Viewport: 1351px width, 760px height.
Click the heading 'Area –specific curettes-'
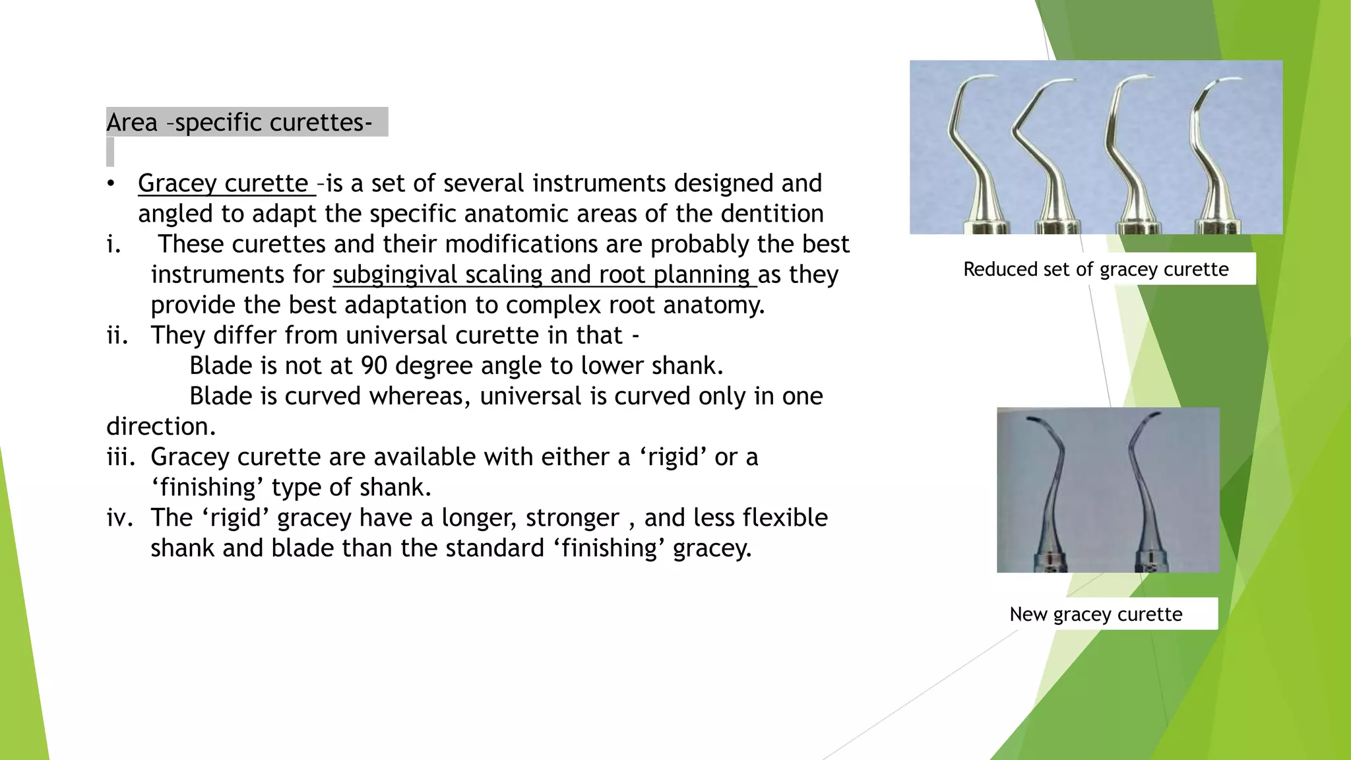coord(239,123)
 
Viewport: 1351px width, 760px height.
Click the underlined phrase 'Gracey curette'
coord(223,183)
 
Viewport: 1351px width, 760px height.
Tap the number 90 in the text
coord(374,365)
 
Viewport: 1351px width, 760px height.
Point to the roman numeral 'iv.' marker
coord(119,518)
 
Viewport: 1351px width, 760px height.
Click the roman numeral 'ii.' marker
coord(117,336)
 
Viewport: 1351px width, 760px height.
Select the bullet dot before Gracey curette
coord(111,184)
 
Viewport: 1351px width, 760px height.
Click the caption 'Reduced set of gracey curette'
coord(1096,269)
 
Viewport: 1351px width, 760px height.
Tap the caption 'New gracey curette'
coord(1096,614)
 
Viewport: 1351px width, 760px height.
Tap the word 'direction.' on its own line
coord(161,427)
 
